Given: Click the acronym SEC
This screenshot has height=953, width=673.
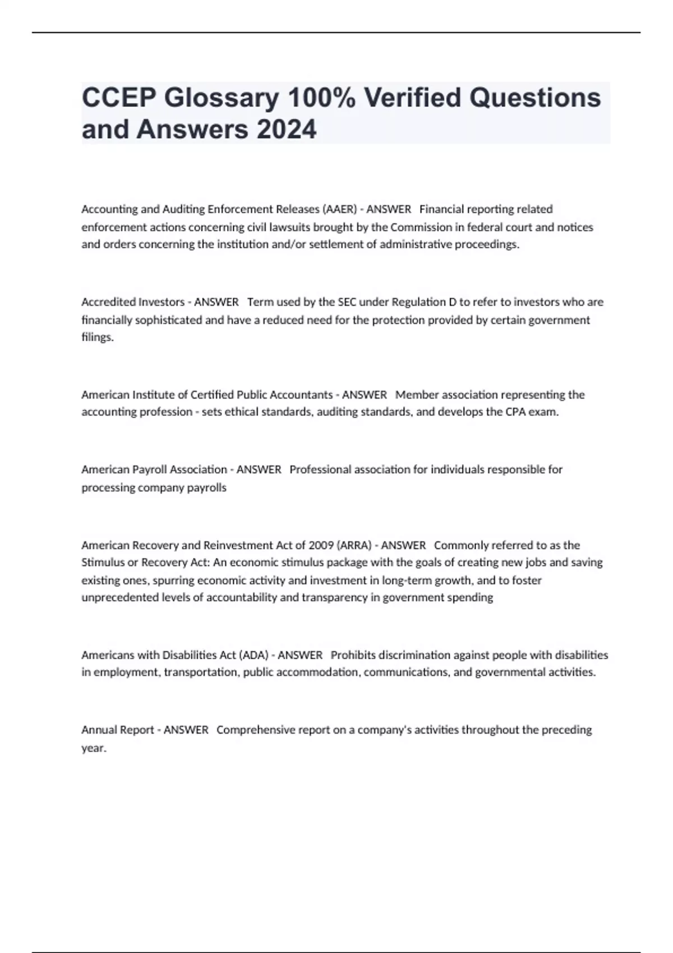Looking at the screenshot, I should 347,302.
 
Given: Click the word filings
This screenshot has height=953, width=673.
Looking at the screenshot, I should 97,337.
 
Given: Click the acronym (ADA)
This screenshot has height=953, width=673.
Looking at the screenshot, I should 253,655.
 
